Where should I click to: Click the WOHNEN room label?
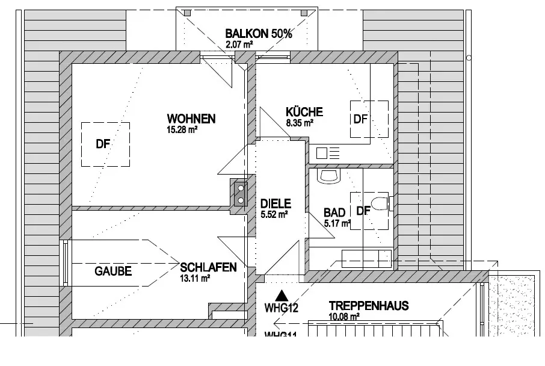coord(191,118)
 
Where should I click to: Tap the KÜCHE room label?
coord(304,111)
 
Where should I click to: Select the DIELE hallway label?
coord(276,203)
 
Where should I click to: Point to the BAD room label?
coord(334,212)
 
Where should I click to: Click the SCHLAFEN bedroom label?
coord(208,267)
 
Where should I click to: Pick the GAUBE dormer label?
coord(113,271)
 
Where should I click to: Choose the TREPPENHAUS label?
coord(369,306)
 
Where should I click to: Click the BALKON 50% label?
coord(259,34)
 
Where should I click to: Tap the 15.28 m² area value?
coord(183,129)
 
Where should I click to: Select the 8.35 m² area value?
coord(300,123)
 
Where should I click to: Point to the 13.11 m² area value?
coord(194,278)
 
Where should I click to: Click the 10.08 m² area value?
coord(344,316)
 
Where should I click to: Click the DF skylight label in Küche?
coord(360,119)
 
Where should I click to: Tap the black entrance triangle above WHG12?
coord(280,296)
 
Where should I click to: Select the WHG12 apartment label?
coord(282,308)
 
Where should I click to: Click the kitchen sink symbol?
coord(322,153)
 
